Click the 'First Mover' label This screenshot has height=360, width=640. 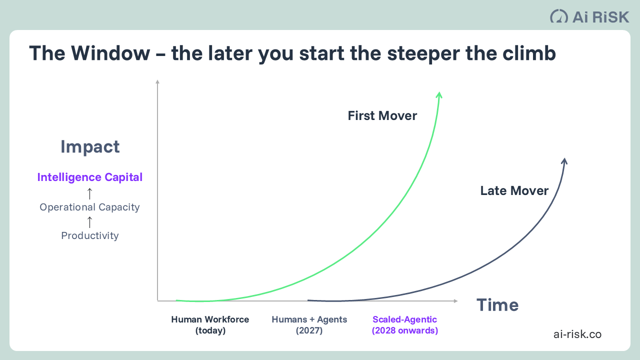point(382,116)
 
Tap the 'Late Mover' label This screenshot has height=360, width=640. point(514,190)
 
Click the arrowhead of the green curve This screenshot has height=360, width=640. point(439,95)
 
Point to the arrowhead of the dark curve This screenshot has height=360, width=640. point(564,161)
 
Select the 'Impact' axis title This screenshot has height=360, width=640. point(90,147)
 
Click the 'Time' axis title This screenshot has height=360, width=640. point(497,305)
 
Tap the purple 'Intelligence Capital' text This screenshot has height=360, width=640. point(90,177)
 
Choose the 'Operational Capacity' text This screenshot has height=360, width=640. point(90,207)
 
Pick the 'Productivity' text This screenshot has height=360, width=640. point(90,235)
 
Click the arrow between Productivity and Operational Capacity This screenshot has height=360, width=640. point(90,221)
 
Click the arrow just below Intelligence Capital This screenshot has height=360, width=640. point(90,192)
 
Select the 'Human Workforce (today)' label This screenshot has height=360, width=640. point(210,325)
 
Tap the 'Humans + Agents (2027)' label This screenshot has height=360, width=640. point(309,325)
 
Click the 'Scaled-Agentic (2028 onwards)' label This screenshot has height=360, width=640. point(405,325)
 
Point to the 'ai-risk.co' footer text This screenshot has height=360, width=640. point(577,334)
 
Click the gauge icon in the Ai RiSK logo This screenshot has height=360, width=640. point(559,16)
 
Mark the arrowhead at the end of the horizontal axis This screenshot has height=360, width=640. point(455,301)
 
